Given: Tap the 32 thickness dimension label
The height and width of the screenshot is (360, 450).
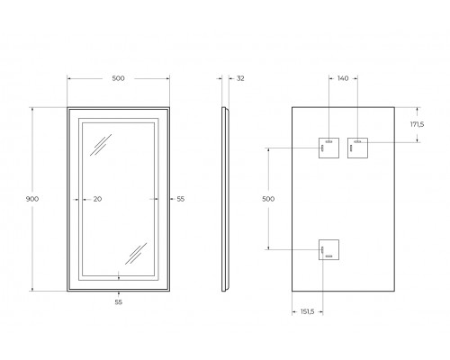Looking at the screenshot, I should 240,79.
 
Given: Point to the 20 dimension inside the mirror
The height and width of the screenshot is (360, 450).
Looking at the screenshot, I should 97,199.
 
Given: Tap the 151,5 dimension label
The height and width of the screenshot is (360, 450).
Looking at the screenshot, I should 306,311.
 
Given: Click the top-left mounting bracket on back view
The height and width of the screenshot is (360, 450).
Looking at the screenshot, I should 327,146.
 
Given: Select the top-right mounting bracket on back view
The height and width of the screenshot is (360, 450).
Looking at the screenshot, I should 358,146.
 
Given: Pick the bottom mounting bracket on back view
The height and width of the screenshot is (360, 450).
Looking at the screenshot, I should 327,250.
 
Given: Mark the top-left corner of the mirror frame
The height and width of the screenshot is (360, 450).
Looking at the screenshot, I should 67,107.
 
